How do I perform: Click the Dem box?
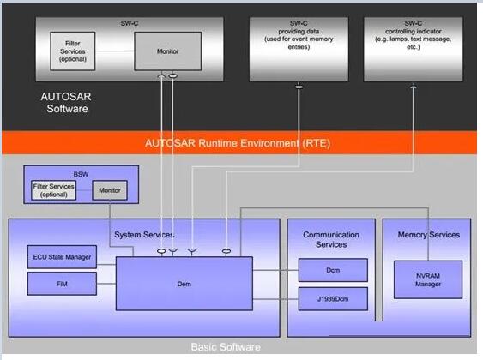(184, 284)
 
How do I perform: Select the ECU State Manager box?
(62, 256)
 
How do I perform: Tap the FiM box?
(62, 284)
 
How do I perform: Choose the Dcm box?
(333, 270)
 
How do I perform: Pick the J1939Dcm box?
(333, 299)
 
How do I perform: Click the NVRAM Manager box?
(428, 279)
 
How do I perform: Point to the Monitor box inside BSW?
(110, 190)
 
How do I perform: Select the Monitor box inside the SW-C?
(167, 51)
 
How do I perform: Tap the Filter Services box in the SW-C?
(73, 51)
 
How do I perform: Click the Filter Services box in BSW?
(53, 190)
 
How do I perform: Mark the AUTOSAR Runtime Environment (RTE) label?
(238, 143)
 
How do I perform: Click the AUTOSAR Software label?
(66, 103)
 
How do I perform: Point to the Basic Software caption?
(226, 347)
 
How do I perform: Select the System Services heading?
(144, 235)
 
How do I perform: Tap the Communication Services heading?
(331, 239)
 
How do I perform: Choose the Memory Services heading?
(429, 235)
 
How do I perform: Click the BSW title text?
(81, 174)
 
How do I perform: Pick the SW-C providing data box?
(299, 49)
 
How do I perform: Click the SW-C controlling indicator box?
(413, 49)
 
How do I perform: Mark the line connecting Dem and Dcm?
(275, 270)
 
